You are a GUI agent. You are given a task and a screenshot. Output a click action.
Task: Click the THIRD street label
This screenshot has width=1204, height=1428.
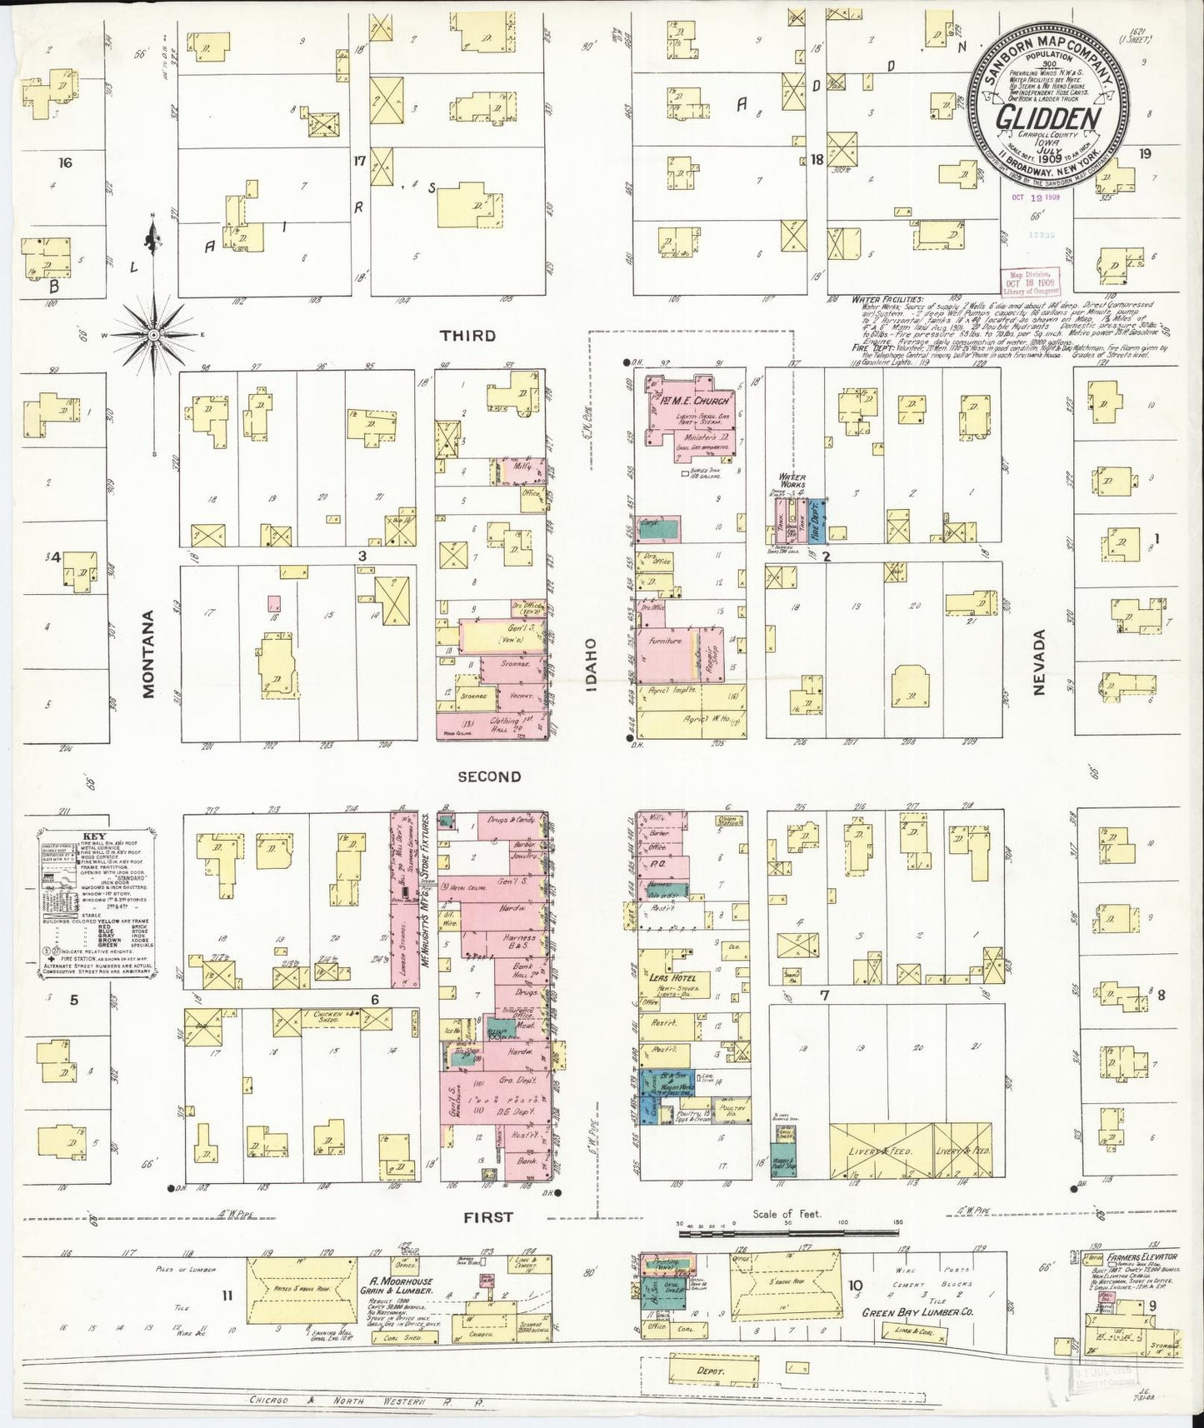pos(467,336)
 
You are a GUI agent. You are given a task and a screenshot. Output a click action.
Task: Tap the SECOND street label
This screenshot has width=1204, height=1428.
pos(489,776)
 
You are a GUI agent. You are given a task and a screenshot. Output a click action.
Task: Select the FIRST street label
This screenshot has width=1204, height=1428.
pos(488,1217)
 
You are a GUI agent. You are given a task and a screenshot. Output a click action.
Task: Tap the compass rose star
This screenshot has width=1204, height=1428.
pos(153,334)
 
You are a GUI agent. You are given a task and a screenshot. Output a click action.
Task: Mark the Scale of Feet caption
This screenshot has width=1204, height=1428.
pos(787,1214)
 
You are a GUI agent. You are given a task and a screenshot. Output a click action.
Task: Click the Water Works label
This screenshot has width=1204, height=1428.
pos(792,481)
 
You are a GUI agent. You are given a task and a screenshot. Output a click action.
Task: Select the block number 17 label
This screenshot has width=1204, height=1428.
pos(359,161)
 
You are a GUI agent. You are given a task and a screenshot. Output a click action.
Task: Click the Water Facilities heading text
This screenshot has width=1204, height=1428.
pos(887,298)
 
